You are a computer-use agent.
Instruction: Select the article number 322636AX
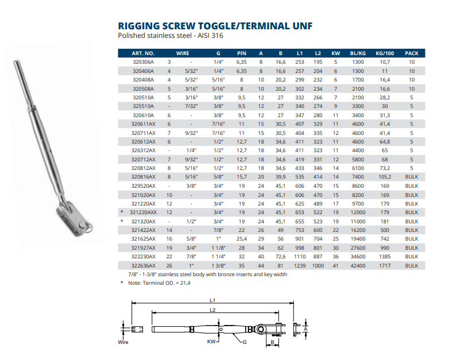pos(144,266)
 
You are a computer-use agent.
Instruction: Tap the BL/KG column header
pos(358,53)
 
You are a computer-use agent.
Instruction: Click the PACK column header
pos(411,53)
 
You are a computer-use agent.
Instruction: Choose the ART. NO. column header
pos(142,53)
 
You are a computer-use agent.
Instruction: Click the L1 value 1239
pos(299,266)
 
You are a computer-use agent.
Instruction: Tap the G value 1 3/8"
pos(218,266)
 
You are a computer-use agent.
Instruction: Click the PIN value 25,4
pos(242,238)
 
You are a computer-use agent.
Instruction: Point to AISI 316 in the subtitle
pos(210,36)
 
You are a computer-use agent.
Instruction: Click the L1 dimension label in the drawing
pos(212,300)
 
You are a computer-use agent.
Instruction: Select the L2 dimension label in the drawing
pos(212,309)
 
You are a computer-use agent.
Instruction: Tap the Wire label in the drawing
pos(123,342)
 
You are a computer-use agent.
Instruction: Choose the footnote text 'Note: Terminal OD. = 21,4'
pos(162,282)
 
